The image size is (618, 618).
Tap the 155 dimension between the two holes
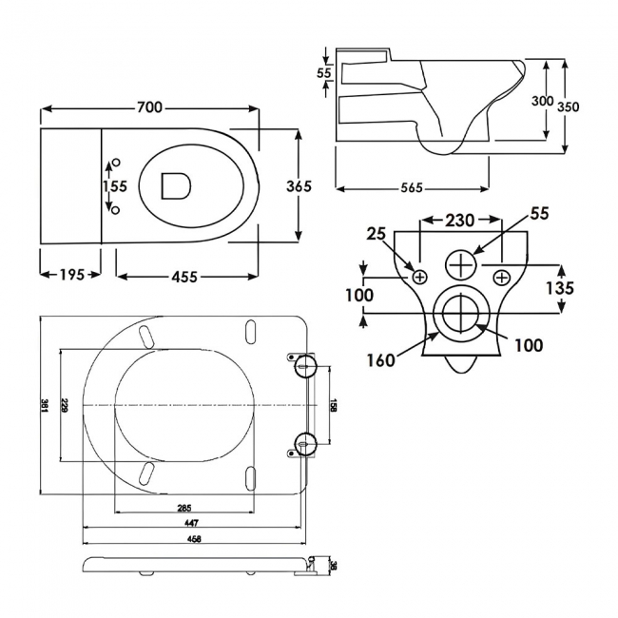114,187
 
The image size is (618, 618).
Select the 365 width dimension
299,186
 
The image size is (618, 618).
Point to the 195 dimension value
69,275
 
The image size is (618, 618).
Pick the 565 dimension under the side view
410,187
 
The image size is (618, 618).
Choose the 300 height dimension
543,101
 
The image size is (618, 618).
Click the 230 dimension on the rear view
461,220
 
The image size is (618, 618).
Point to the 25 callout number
377,233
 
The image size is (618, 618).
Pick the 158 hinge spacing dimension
333,404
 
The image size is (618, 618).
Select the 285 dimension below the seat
183,508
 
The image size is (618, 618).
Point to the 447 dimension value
193,524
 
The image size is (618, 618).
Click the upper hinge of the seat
305,366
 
